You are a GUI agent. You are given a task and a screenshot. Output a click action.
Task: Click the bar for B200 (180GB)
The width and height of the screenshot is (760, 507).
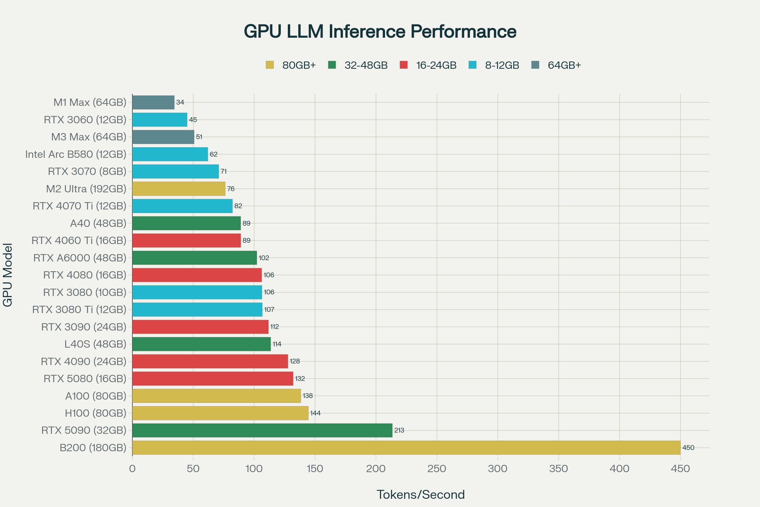pyautogui.click(x=406, y=447)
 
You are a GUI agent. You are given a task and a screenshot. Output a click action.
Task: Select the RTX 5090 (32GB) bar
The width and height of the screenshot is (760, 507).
pyautogui.click(x=262, y=430)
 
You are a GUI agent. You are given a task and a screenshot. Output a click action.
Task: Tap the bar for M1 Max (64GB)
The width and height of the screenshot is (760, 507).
pyautogui.click(x=153, y=102)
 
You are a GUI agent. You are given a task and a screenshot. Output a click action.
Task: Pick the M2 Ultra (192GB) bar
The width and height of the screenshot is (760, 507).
pyautogui.click(x=179, y=189)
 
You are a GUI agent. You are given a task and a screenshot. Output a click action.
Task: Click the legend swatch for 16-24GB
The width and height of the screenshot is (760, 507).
pyautogui.click(x=403, y=65)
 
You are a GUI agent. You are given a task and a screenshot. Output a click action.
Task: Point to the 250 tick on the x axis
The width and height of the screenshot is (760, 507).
pyautogui.click(x=437, y=469)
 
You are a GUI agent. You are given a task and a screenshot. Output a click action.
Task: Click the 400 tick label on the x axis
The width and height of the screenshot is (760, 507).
pyautogui.click(x=619, y=469)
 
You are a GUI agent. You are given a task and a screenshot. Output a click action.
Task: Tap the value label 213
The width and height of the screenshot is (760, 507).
pyautogui.click(x=399, y=430)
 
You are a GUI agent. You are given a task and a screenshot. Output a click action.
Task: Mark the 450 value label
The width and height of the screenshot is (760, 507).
pyautogui.click(x=688, y=448)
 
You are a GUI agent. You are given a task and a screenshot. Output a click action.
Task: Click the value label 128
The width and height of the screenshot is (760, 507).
pyautogui.click(x=295, y=361)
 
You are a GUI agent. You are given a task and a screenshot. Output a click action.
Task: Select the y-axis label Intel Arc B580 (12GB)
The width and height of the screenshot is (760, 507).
pyautogui.click(x=76, y=154)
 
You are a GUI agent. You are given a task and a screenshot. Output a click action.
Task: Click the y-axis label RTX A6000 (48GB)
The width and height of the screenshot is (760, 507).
pyautogui.click(x=80, y=258)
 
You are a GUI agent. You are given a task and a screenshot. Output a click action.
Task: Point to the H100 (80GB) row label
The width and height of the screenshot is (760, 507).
pyautogui.click(x=95, y=413)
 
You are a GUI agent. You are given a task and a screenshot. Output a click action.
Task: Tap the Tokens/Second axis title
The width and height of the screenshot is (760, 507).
pyautogui.click(x=421, y=494)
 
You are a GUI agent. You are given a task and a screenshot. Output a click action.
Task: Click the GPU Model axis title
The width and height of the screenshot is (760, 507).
pyautogui.click(x=7, y=275)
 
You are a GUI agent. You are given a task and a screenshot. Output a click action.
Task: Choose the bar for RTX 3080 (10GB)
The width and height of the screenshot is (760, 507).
pyautogui.click(x=197, y=292)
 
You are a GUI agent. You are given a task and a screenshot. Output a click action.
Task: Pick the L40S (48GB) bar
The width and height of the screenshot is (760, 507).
pyautogui.click(x=201, y=344)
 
